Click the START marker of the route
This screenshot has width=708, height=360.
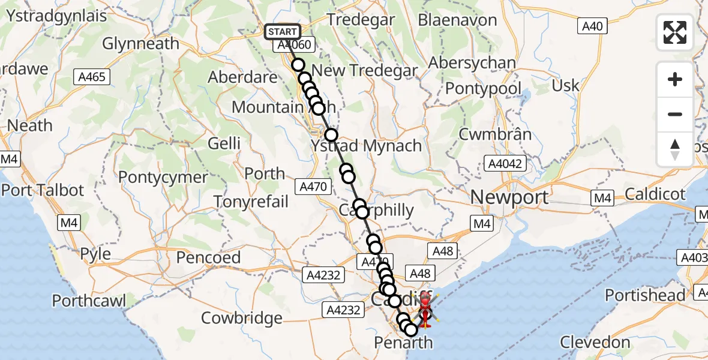pyautogui.click(x=283, y=32)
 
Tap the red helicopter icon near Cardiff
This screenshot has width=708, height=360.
pyautogui.click(x=424, y=309)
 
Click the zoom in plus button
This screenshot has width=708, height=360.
pyautogui.click(x=675, y=79)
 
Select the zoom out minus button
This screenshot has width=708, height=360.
pyautogui.click(x=675, y=114)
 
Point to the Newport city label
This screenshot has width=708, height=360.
pyautogui.click(x=509, y=197)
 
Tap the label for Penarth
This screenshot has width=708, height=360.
pyautogui.click(x=403, y=343)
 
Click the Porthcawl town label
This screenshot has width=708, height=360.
pyautogui.click(x=89, y=300)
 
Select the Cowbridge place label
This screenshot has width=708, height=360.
pyautogui.click(x=242, y=318)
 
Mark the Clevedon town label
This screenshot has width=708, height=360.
pyautogui.click(x=595, y=343)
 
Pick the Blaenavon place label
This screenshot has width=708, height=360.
pyautogui.click(x=457, y=20)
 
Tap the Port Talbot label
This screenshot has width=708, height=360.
pyautogui.click(x=43, y=191)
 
